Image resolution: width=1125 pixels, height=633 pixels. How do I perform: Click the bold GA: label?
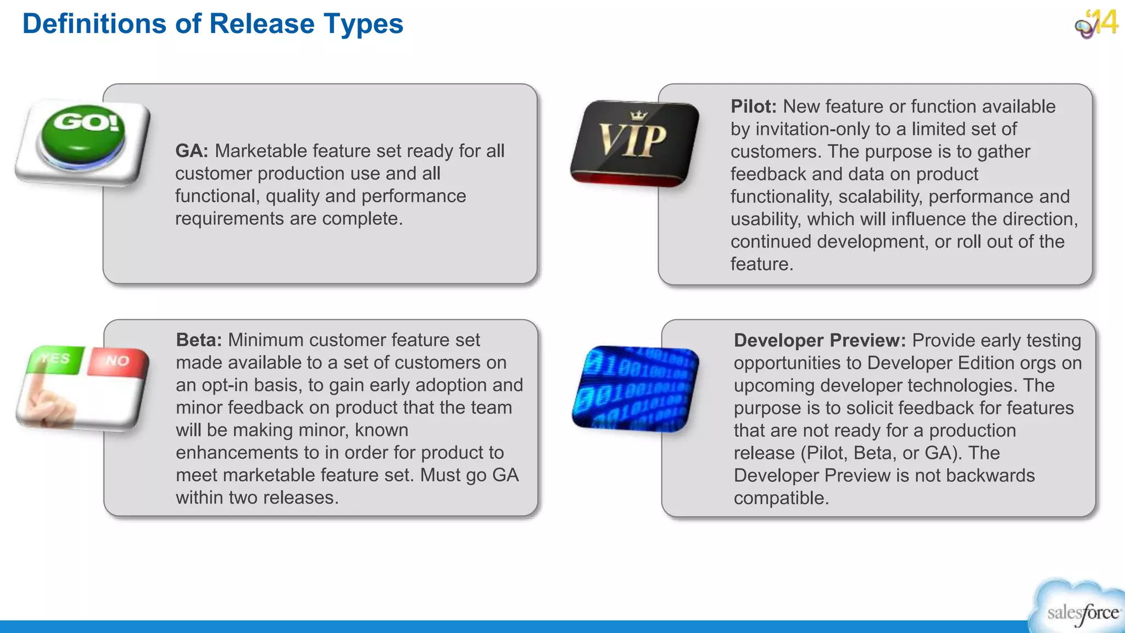tap(191, 151)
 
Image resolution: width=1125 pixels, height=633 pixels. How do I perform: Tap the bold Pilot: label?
tap(753, 107)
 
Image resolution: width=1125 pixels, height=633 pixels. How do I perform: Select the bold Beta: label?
tap(198, 340)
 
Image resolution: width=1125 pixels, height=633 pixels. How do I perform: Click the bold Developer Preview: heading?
tap(820, 341)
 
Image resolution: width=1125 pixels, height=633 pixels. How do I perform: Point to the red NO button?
tap(118, 361)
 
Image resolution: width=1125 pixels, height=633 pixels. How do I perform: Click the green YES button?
tap(57, 359)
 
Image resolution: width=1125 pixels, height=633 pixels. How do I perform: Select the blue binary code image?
tap(635, 388)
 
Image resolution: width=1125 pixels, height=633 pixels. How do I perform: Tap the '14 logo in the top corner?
tap(1098, 23)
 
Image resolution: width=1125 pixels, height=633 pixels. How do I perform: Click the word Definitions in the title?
tap(94, 24)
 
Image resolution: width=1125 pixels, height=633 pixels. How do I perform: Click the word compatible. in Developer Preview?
tap(781, 498)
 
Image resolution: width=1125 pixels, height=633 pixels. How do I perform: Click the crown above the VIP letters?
tap(638, 115)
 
